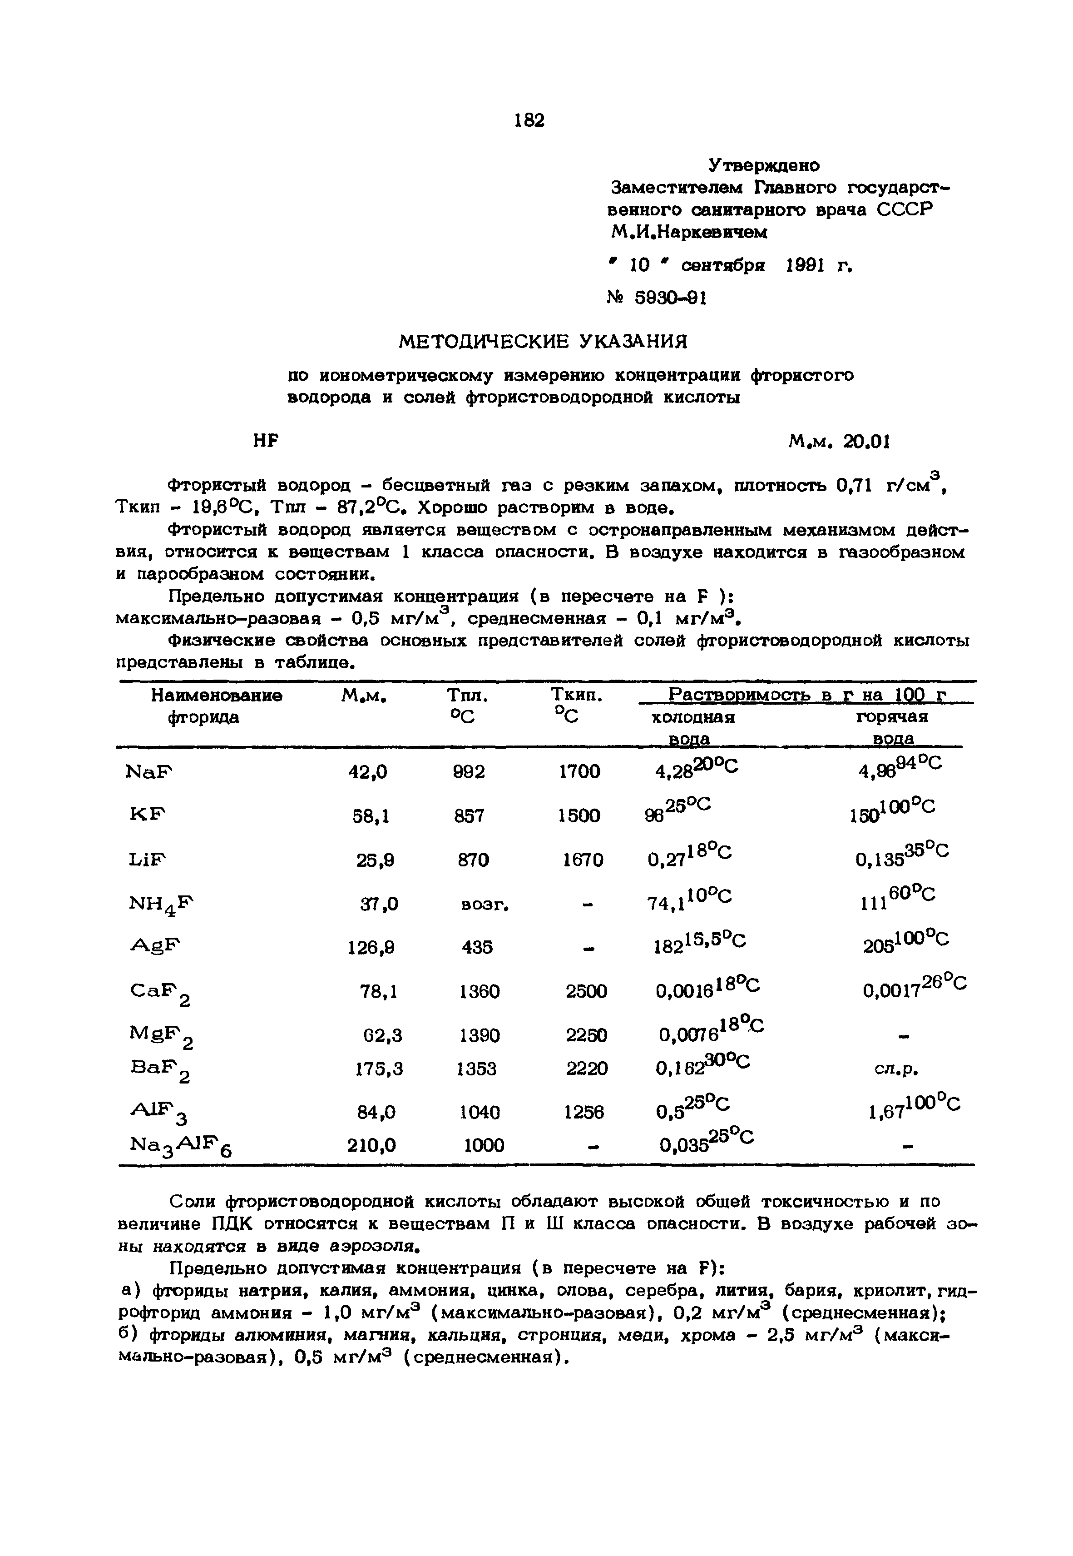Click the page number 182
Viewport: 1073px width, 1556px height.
click(529, 120)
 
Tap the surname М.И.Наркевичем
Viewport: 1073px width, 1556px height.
click(688, 233)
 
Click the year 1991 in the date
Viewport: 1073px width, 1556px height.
click(805, 266)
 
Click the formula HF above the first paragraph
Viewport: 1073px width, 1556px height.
click(266, 441)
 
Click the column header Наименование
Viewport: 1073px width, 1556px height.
click(217, 695)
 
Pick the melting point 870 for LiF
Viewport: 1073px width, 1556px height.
click(473, 860)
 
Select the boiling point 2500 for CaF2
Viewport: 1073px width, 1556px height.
click(586, 992)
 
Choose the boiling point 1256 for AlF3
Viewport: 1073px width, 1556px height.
click(583, 1113)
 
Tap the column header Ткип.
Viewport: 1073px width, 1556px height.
click(576, 695)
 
